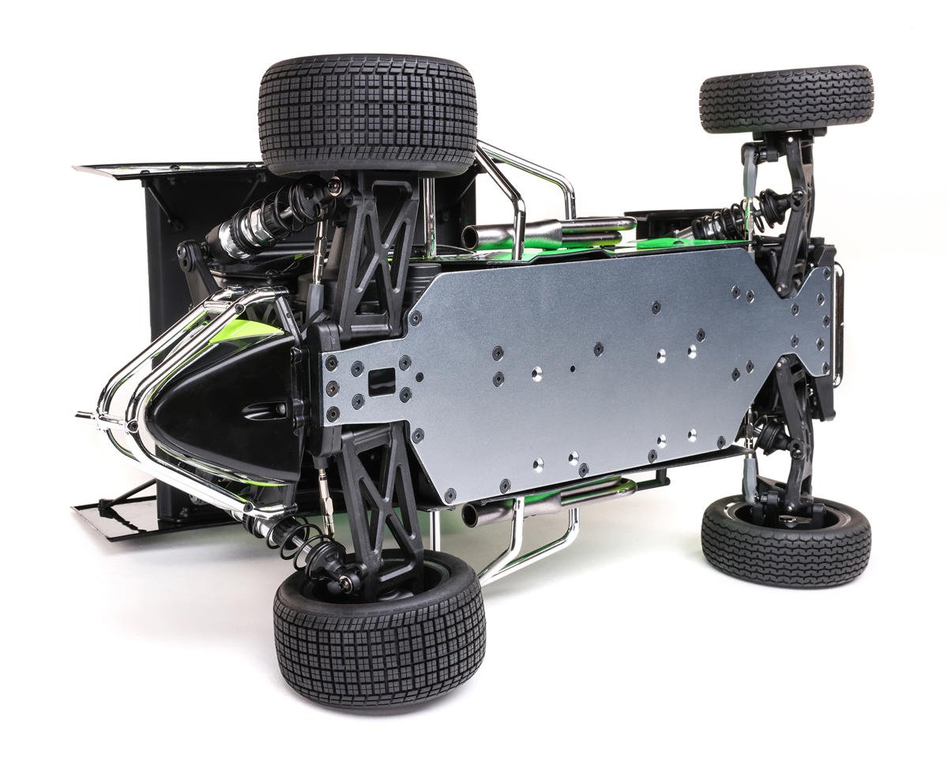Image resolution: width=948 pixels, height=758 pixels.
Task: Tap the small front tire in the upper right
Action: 786,98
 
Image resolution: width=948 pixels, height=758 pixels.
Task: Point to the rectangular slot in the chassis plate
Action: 382,381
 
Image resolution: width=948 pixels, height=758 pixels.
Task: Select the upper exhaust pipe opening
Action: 472,235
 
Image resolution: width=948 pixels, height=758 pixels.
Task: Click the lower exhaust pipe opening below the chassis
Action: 472,515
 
